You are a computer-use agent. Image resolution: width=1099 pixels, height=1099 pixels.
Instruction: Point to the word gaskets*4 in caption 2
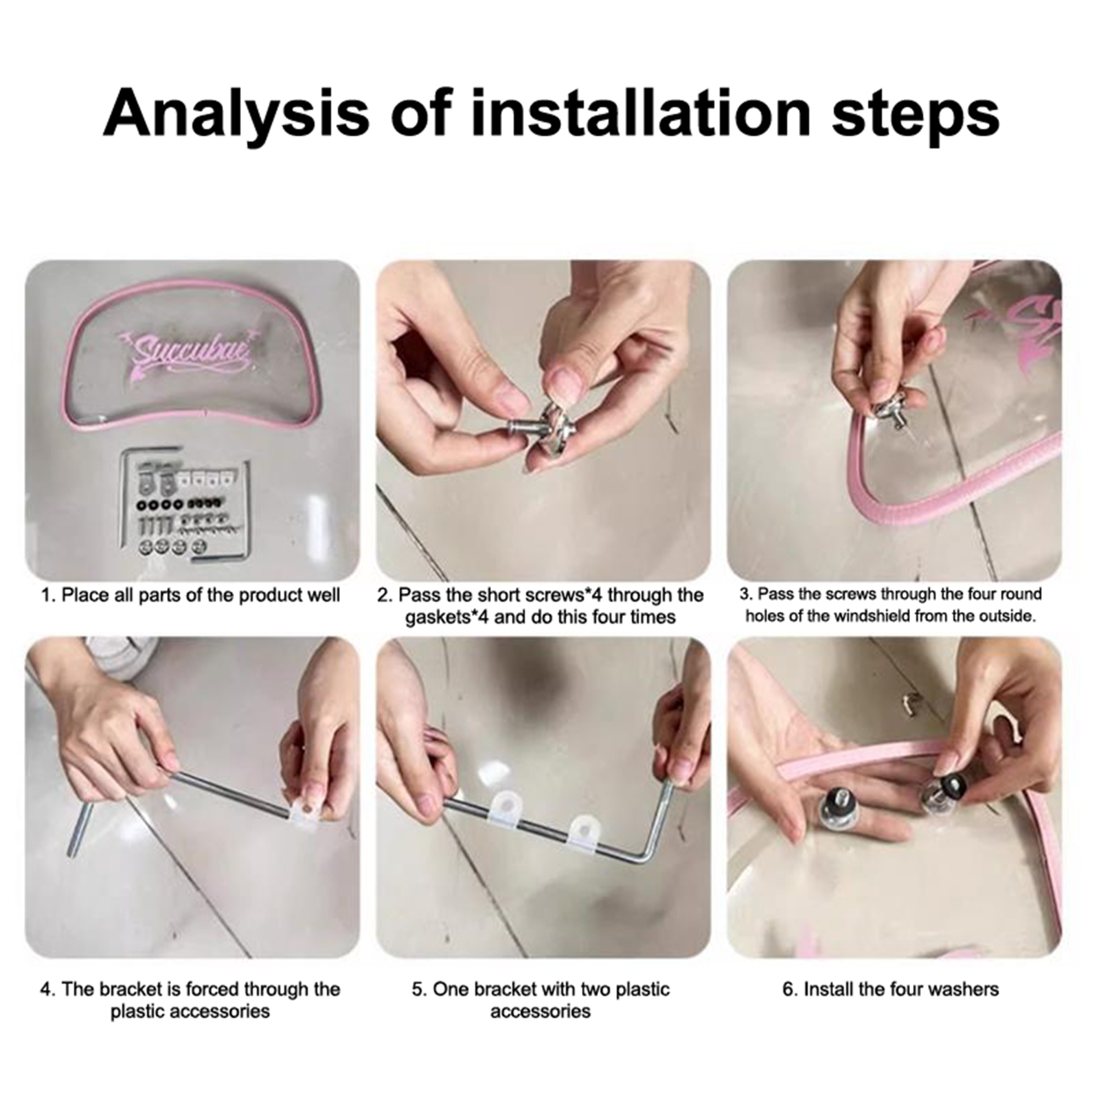446,617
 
